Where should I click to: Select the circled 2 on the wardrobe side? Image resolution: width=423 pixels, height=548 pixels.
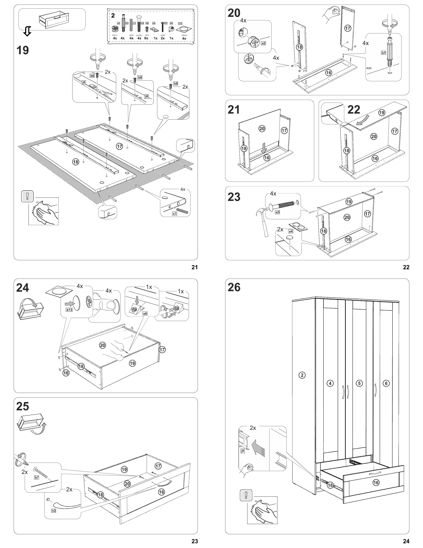click(302, 375)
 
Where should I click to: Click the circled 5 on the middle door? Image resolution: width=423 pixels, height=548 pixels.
click(359, 383)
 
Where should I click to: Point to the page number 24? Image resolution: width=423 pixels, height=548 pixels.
click(406, 541)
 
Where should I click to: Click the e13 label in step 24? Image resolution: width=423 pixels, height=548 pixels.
click(69, 310)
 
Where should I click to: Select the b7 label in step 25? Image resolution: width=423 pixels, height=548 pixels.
click(37, 477)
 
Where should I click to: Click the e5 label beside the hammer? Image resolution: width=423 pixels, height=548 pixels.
click(277, 212)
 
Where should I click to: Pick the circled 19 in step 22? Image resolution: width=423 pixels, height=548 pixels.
click(382, 113)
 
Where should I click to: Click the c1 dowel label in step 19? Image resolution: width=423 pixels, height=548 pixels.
click(175, 214)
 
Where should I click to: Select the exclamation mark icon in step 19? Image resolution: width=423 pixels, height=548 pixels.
click(28, 196)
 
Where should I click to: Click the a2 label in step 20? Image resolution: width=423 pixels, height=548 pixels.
click(263, 43)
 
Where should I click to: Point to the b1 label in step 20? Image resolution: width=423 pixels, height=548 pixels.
click(383, 53)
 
